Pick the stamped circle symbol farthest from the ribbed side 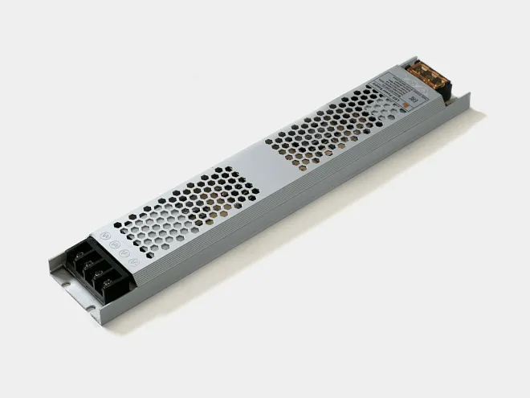104,238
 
